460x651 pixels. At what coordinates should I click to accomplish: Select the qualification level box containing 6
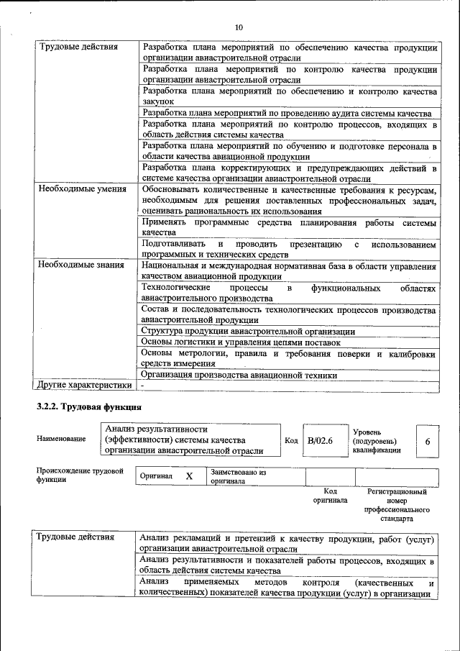428,440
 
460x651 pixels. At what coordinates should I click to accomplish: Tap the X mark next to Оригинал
189,476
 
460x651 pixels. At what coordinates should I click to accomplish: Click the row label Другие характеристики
84,385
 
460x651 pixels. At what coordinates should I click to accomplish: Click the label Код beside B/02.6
291,440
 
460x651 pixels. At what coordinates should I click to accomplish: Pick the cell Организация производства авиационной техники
239,375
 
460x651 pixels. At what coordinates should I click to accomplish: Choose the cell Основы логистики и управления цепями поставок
240,342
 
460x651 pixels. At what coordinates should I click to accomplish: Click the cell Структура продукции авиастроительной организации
248,332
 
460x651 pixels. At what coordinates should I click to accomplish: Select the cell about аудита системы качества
286,113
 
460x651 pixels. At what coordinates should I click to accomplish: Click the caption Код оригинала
330,496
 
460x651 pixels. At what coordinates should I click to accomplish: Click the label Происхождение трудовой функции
80,475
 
